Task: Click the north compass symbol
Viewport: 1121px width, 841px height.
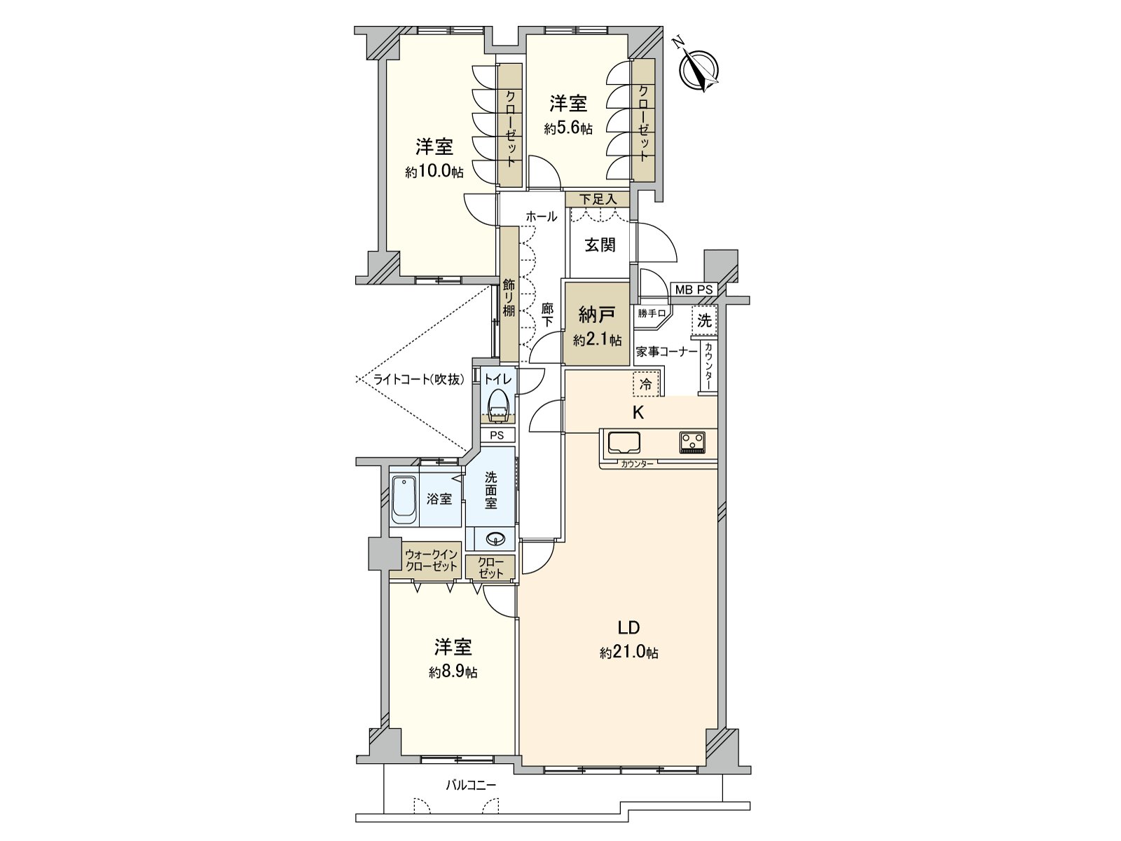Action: [699, 69]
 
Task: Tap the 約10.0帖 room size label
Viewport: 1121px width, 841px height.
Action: [434, 172]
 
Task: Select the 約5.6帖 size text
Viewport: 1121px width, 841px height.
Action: [568, 129]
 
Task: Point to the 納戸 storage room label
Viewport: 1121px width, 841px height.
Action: [597, 314]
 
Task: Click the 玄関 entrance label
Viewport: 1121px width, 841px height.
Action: [600, 245]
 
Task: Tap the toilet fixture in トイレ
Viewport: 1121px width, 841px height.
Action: [498, 406]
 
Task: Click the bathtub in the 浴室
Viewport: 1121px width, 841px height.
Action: [404, 500]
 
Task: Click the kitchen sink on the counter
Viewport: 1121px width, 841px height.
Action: [624, 443]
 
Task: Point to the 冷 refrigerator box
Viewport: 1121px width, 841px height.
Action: [646, 384]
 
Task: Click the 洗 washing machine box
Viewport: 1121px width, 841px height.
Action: [704, 321]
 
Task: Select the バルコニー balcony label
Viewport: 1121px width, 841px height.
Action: [471, 785]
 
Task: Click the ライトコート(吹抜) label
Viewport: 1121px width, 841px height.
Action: [419, 380]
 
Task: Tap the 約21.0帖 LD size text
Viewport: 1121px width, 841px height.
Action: [628, 653]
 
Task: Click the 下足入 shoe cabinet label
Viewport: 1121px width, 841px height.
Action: [598, 200]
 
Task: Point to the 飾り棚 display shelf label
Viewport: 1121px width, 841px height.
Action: [509, 298]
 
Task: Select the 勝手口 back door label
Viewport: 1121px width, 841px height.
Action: [651, 313]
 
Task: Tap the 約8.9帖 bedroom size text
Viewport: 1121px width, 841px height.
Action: [453, 672]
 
